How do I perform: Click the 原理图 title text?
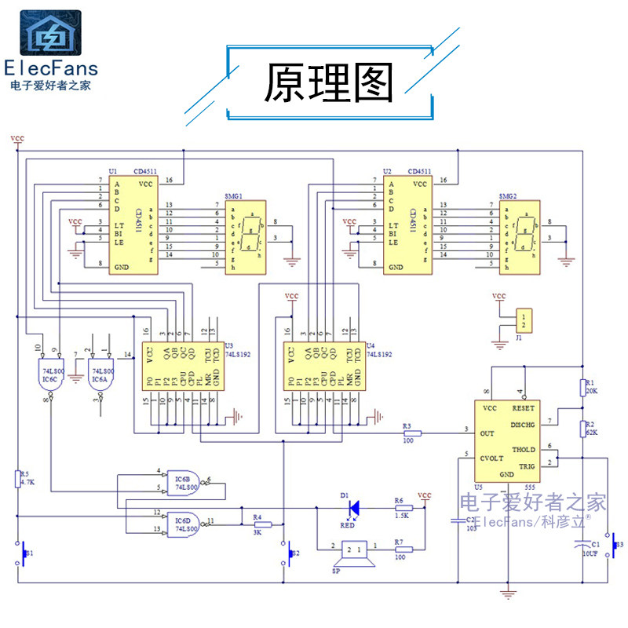click(328, 83)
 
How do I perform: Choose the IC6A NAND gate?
click(100, 375)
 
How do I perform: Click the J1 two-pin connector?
click(519, 319)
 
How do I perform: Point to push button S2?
click(284, 553)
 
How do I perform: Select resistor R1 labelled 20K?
click(583, 386)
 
